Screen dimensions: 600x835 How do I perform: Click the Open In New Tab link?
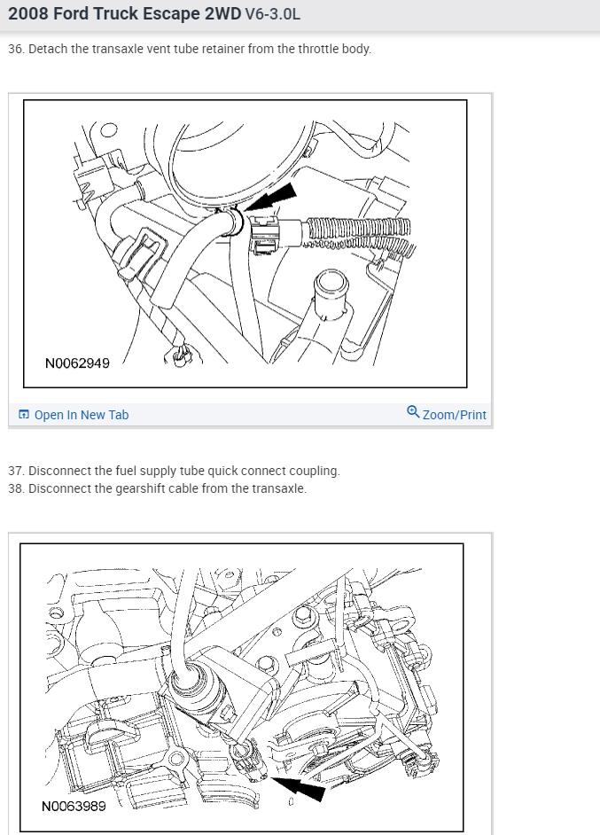click(81, 415)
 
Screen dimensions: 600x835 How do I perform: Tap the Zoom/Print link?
click(455, 415)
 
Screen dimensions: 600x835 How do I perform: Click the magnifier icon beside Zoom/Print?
click(413, 412)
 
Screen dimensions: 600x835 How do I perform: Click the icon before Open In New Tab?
click(24, 415)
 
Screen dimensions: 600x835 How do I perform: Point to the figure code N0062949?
click(77, 363)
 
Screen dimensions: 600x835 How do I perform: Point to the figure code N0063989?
click(74, 807)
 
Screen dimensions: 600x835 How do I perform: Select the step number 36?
click(15, 49)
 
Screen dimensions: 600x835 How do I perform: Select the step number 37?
click(15, 471)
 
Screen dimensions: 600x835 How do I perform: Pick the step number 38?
click(15, 488)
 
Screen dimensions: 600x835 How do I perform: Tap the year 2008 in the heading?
click(27, 14)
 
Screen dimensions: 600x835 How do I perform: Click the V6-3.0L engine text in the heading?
click(272, 15)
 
